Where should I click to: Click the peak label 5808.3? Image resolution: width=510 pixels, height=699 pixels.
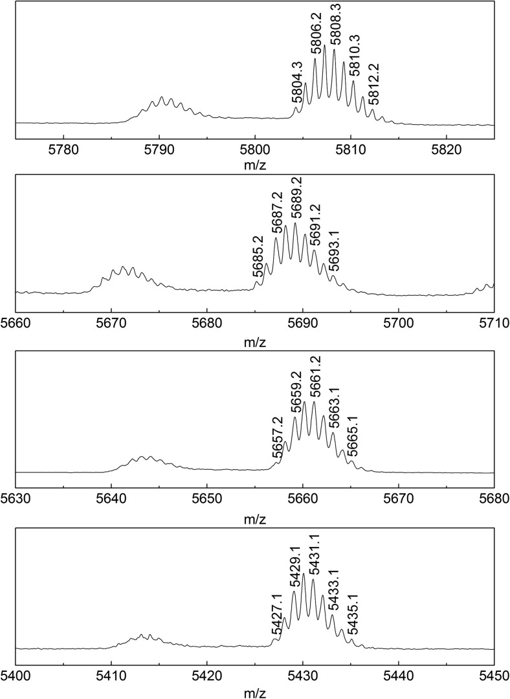click(336, 23)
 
